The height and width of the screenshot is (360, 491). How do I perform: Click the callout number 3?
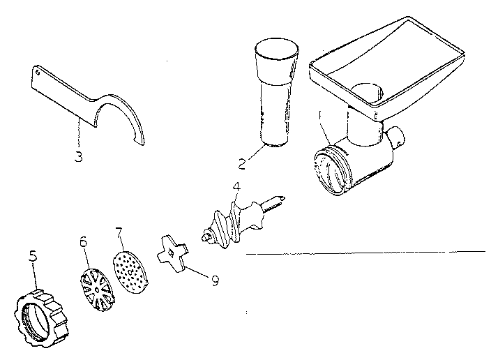point(79,157)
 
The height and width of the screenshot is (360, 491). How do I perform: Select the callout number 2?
point(241,165)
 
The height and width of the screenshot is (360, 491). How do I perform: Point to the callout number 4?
point(237,186)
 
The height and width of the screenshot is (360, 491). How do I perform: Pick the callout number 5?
point(33,256)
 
